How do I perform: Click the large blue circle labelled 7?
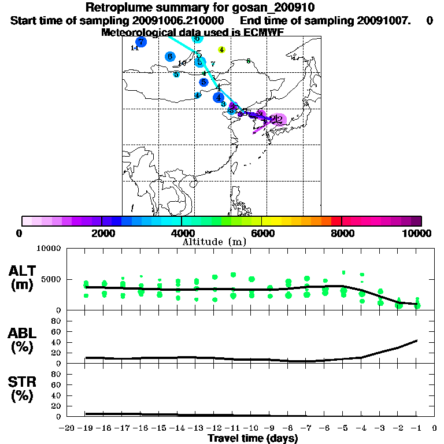141,42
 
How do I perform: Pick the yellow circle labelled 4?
221,50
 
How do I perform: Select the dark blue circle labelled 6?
169,57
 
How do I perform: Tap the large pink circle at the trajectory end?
279,120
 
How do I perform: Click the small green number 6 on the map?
248,61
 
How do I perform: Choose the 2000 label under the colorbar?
101,233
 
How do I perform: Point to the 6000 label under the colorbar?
261,233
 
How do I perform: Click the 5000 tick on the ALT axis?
50,279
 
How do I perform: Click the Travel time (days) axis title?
253,438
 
